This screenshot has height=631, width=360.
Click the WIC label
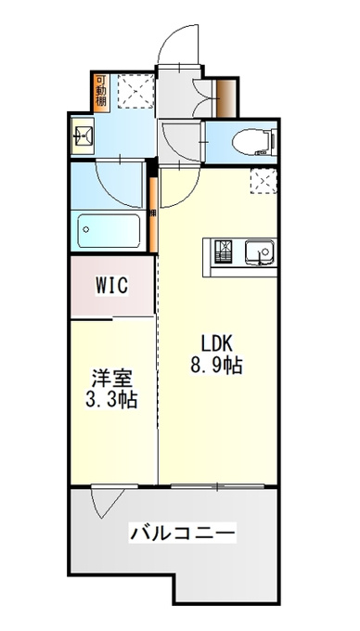click(112, 285)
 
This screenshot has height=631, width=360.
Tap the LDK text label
click(217, 344)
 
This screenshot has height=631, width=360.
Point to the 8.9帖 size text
click(216, 366)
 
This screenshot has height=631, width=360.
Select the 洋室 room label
click(111, 380)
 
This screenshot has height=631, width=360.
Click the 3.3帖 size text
click(111, 400)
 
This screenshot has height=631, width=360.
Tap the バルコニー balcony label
click(182, 534)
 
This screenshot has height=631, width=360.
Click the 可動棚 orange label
click(100, 92)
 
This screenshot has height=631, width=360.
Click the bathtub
click(109, 230)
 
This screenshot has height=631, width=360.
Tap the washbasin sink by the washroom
click(82, 135)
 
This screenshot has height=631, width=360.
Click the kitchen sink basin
click(260, 252)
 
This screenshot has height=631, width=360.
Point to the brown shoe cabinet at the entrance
click(225, 98)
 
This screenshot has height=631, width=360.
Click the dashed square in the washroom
click(136, 91)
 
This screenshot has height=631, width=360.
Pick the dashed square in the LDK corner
click(264, 181)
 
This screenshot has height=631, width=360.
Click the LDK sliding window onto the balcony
click(217, 486)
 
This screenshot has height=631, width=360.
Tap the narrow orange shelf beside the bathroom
click(153, 214)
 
